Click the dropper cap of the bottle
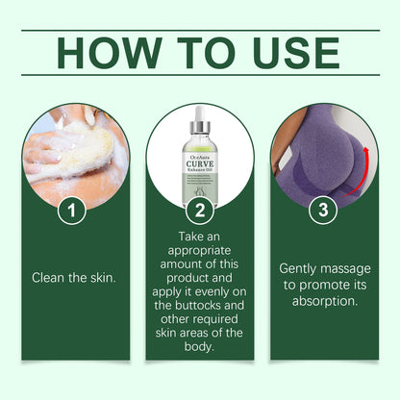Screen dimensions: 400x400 pos(200,123)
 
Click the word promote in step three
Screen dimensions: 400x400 pos(329,284)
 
